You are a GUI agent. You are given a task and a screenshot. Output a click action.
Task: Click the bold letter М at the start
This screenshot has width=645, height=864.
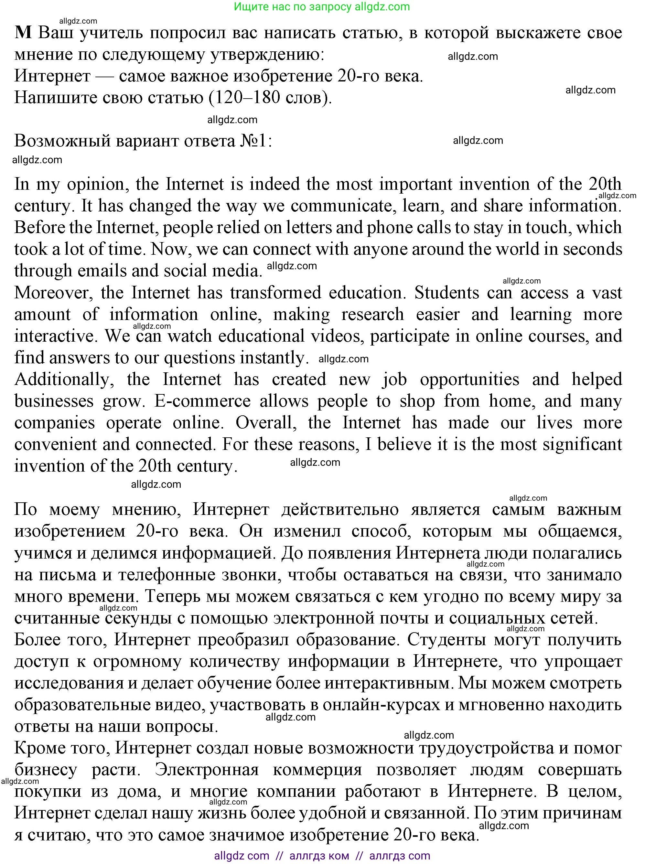click(x=23, y=33)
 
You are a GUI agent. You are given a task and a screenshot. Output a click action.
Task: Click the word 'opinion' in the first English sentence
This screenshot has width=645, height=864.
click(x=98, y=185)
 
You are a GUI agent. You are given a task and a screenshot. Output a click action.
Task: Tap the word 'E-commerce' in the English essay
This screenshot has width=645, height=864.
click(x=202, y=401)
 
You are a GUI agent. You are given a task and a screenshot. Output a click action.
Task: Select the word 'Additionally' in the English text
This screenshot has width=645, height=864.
click(x=62, y=379)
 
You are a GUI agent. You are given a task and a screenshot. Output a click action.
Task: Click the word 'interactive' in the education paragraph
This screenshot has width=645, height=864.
click(x=55, y=336)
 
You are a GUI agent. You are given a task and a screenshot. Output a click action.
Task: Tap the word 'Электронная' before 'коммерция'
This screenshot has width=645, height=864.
click(x=207, y=770)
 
